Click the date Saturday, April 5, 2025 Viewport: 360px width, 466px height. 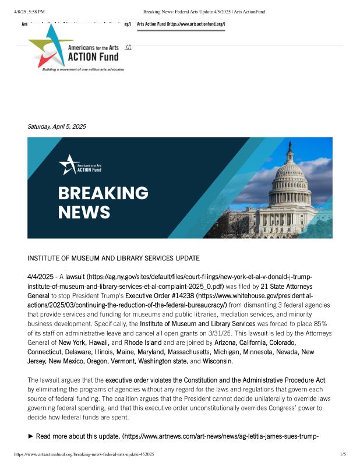[x=57, y=126]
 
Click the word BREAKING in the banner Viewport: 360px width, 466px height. [x=103, y=193]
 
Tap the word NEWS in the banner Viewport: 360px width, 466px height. [x=84, y=212]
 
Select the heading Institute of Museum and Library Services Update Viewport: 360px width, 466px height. [x=113, y=258]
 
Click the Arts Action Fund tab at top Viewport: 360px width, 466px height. [x=181, y=24]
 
